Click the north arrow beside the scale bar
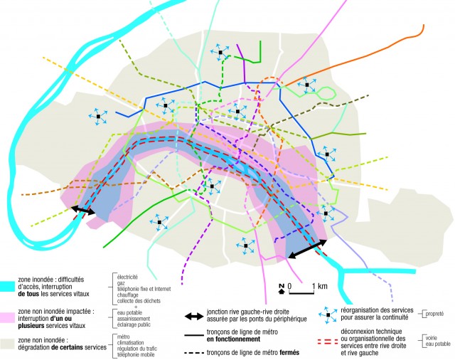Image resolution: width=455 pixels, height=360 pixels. tap(282, 287)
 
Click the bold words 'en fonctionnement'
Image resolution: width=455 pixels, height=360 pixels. tap(238, 340)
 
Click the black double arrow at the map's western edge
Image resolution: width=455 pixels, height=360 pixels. tap(83, 211)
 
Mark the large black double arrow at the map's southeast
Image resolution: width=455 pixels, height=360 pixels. tap(307, 248)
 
